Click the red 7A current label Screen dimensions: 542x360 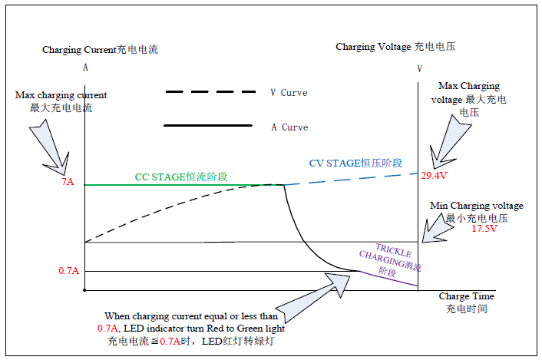pyautogui.click(x=68, y=181)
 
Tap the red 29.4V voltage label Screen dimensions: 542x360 pyautogui.click(x=434, y=176)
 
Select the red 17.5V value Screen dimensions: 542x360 pyautogui.click(x=484, y=229)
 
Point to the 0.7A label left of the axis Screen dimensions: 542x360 pyautogui.click(x=69, y=270)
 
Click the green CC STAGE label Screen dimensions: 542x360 pyautogui.click(x=181, y=177)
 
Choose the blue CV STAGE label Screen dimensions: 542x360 pyautogui.click(x=355, y=163)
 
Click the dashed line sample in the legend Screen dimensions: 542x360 pyautogui.click(x=210, y=92)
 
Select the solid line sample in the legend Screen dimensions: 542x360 pyautogui.click(x=208, y=125)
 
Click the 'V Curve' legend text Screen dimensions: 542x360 pyautogui.click(x=289, y=93)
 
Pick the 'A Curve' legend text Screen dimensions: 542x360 pyautogui.click(x=289, y=127)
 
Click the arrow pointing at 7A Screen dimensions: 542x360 pyautogui.click(x=52, y=148)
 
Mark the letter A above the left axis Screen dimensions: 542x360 pyautogui.click(x=85, y=68)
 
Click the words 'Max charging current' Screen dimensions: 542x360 pyautogui.click(x=61, y=95)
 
